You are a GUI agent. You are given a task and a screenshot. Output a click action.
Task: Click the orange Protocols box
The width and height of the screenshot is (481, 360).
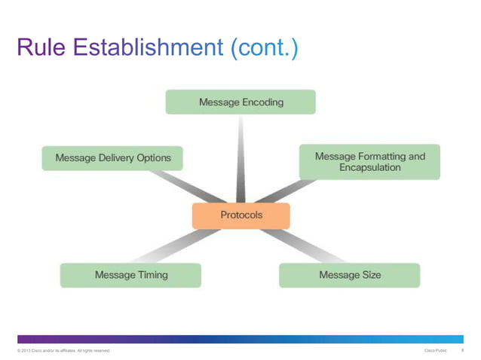tap(240, 215)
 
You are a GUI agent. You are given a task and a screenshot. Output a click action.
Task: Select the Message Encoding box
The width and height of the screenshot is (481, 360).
tap(240, 102)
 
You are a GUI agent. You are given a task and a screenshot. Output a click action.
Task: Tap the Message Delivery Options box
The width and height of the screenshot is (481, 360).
tap(112, 158)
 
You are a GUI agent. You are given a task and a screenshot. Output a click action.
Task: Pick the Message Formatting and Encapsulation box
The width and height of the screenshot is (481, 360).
tap(369, 162)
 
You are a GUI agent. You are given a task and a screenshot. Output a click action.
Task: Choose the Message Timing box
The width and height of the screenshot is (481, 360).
tap(130, 275)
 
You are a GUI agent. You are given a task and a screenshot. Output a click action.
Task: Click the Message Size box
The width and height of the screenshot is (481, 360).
tap(349, 275)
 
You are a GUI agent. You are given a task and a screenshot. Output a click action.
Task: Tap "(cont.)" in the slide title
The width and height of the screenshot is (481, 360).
tap(264, 49)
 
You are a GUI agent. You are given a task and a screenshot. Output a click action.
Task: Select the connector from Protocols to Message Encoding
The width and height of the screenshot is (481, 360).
tap(240, 158)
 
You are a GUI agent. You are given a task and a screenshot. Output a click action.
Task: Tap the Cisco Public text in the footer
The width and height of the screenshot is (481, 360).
tap(436, 351)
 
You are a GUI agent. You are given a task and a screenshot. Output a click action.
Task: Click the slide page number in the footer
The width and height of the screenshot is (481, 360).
tap(462, 351)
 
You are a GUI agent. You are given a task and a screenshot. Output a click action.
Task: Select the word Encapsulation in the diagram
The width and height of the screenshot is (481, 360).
tap(369, 168)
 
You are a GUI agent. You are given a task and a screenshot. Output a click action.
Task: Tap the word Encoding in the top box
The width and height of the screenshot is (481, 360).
tap(263, 102)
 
